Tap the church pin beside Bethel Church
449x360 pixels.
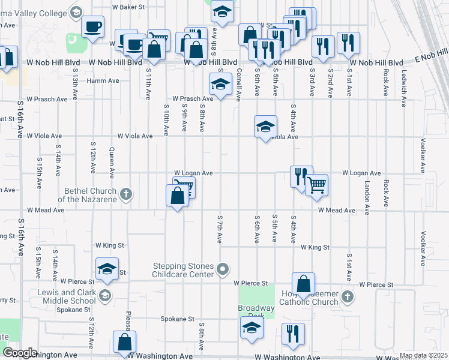click(125, 194)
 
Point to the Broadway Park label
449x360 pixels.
click(256, 311)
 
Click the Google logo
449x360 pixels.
click(20, 353)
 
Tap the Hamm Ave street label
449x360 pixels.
click(103, 80)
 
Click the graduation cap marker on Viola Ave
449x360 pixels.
click(265, 127)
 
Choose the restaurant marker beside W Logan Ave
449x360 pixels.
click(300, 176)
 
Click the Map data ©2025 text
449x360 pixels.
click(423, 355)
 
